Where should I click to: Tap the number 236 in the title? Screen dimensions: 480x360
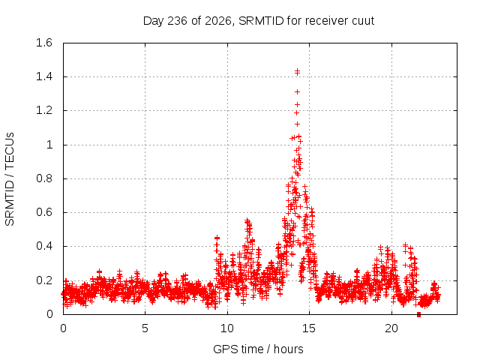coord(178,21)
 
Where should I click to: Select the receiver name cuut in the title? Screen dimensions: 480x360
coord(363,21)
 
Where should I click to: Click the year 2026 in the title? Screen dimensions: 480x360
coord(217,21)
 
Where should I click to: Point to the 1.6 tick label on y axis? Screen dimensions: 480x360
coord(44,43)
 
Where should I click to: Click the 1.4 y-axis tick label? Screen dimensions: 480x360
coord(44,76)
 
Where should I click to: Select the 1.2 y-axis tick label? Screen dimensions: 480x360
coord(44,110)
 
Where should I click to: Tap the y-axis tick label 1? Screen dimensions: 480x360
coord(49,145)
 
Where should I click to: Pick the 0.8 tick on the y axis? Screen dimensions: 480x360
coord(44,178)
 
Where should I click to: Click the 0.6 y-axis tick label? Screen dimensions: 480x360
coord(44,212)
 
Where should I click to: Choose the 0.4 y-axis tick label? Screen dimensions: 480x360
coord(44,246)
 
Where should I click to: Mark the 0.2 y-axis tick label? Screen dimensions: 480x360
coord(44,280)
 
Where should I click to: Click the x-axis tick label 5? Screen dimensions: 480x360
coord(145,328)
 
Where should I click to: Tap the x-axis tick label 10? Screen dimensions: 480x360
coord(227,328)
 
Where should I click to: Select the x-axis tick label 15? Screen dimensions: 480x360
coord(309,328)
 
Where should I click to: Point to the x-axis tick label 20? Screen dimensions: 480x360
coord(391,328)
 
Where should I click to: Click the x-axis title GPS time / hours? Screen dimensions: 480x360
coord(258,349)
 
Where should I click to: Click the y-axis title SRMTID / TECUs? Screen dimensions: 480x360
coord(10,179)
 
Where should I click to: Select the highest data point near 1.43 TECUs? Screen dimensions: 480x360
coord(297,72)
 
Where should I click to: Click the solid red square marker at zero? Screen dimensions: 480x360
coord(418,314)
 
